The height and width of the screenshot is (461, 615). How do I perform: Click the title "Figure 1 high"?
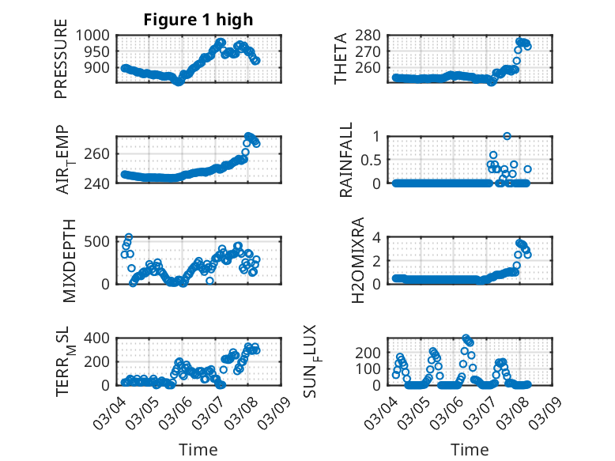(198, 20)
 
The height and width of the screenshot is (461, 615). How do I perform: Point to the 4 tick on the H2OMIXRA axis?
(383, 237)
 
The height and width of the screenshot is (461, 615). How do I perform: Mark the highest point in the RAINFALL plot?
(507, 136)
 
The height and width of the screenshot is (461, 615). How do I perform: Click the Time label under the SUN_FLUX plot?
(470, 450)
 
